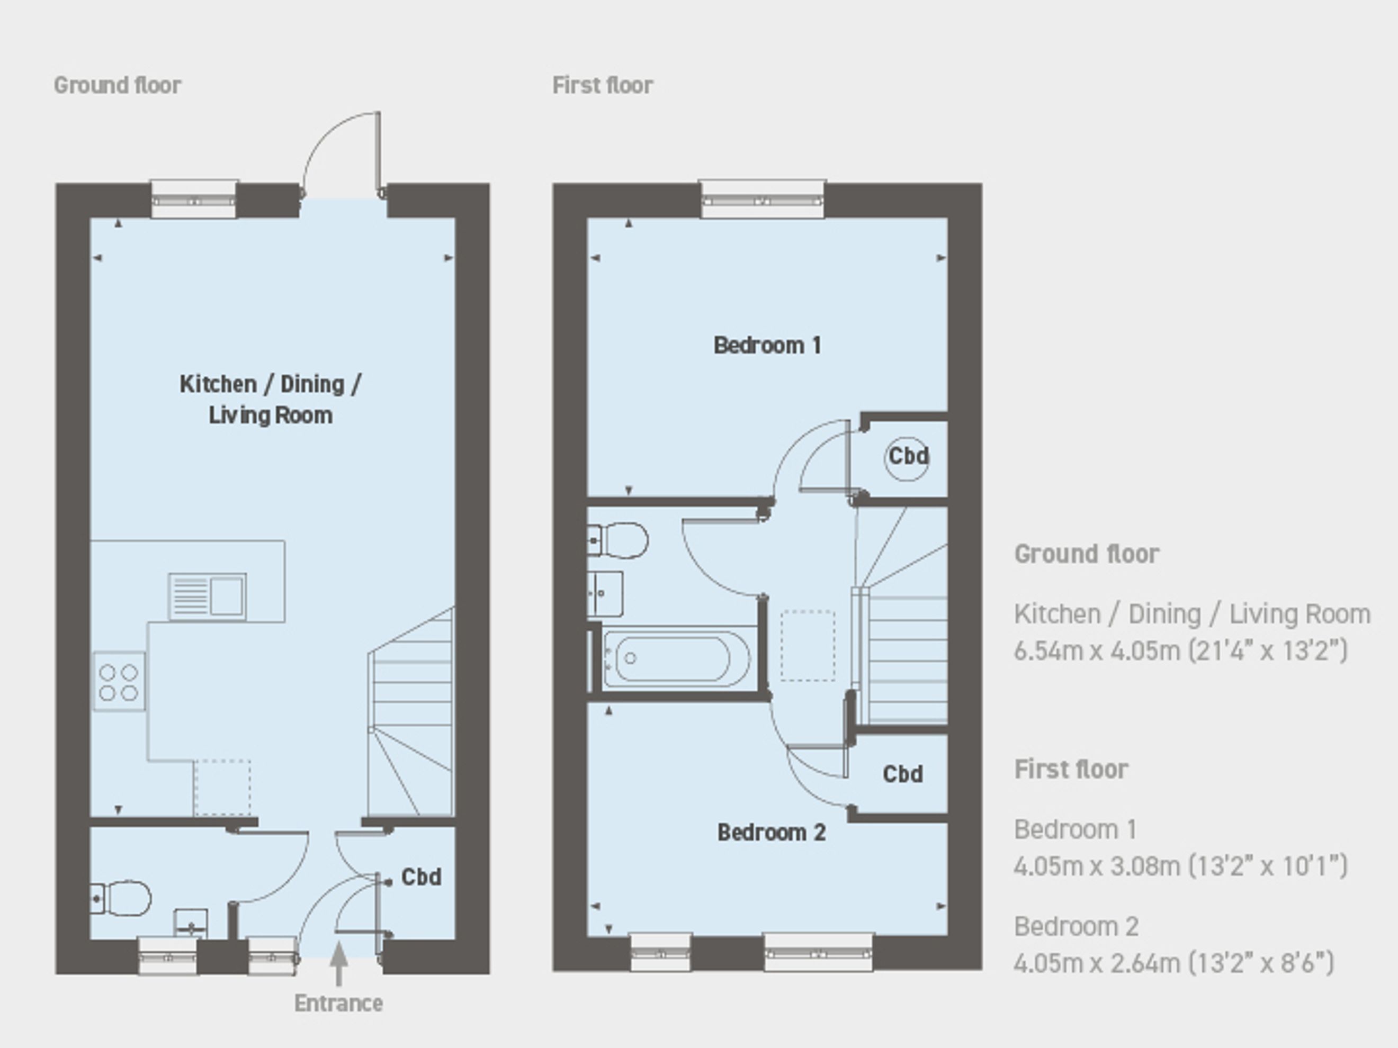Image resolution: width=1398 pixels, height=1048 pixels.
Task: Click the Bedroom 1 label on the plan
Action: (x=767, y=345)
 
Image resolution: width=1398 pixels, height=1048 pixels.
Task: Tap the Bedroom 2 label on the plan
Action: (x=772, y=832)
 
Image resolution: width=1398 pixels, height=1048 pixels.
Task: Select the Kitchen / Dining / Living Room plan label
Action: (x=271, y=399)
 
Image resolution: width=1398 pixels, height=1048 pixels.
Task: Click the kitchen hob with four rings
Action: (x=119, y=682)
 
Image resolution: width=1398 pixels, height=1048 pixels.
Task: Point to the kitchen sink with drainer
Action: (x=207, y=595)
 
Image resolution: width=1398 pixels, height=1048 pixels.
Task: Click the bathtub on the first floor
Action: (x=676, y=658)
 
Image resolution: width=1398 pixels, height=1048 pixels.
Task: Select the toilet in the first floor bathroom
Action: (x=617, y=540)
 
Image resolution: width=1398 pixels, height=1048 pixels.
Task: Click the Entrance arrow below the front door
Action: (x=339, y=963)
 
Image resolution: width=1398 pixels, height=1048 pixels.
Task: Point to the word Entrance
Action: (x=339, y=1003)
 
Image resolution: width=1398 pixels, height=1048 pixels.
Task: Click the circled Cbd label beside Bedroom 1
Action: (x=908, y=456)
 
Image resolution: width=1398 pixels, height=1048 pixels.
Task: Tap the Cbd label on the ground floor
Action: (x=422, y=877)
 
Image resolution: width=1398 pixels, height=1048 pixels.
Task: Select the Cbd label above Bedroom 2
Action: (x=902, y=774)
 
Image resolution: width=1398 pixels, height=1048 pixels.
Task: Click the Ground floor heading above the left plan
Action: (x=118, y=85)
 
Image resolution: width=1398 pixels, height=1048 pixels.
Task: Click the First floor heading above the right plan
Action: (x=603, y=85)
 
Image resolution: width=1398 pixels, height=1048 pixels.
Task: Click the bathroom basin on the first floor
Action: (x=605, y=594)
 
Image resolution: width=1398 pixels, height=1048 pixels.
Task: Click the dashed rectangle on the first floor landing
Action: (x=808, y=646)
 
